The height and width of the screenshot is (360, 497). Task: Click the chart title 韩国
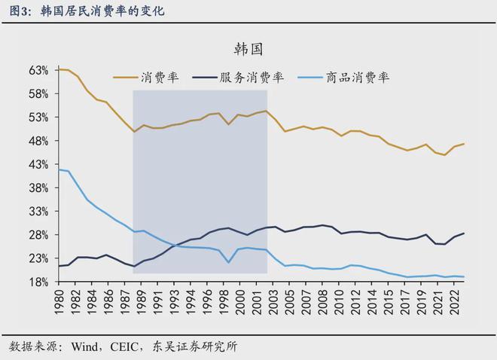click(x=248, y=50)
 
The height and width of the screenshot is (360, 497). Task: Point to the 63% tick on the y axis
click(x=38, y=70)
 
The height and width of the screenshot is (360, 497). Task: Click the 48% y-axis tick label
click(x=38, y=141)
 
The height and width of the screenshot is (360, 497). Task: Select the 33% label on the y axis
click(x=38, y=212)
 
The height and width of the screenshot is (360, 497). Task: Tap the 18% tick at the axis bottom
click(x=38, y=282)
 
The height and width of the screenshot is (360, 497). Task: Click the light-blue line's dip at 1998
click(x=228, y=262)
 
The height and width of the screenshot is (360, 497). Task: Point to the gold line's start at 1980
click(x=59, y=69)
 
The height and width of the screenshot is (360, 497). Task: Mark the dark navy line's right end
click(x=464, y=233)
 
